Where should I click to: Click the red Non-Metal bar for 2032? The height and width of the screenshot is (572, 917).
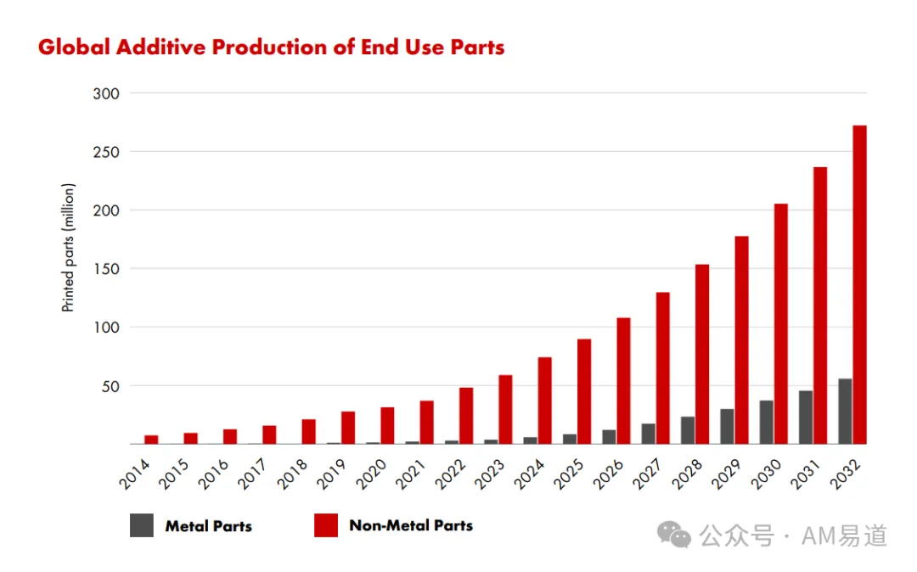(x=859, y=284)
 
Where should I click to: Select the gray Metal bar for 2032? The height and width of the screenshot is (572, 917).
(x=845, y=412)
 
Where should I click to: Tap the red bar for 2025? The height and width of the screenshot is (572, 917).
(x=583, y=391)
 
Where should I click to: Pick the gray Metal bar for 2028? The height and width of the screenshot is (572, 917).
(x=688, y=430)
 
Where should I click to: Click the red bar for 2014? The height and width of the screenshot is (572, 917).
(x=151, y=440)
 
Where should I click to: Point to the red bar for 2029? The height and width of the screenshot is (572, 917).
(x=741, y=340)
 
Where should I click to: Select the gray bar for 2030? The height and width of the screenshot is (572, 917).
(x=766, y=422)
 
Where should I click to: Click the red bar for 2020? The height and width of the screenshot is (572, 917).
(x=387, y=425)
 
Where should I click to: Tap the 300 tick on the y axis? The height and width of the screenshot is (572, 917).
(x=106, y=93)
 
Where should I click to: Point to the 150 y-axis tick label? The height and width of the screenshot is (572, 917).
(x=106, y=269)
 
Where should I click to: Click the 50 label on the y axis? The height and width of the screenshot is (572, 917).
(x=110, y=386)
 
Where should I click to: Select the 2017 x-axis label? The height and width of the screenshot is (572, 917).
(x=253, y=474)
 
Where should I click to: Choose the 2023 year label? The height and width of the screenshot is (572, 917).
(x=490, y=474)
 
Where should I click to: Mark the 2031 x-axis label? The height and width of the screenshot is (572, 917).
(x=806, y=474)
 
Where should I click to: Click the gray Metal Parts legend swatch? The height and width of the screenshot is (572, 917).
(x=142, y=525)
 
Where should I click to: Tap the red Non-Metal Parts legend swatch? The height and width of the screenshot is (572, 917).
(x=326, y=525)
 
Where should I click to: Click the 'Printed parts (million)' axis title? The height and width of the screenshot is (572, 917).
(x=69, y=248)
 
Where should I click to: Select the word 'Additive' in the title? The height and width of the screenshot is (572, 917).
(x=160, y=48)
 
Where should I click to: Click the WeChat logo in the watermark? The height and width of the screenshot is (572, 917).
(x=673, y=534)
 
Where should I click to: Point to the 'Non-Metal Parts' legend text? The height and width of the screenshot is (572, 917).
(x=411, y=525)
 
